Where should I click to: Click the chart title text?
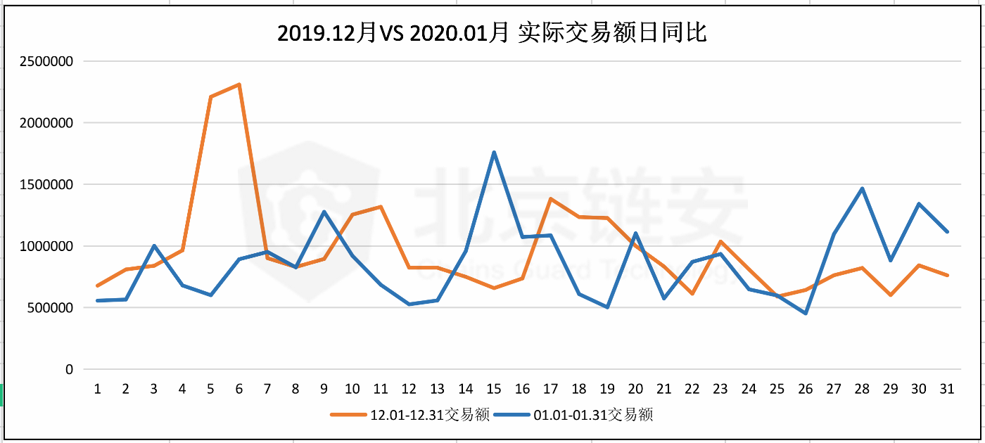point(492,33)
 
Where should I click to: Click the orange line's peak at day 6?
point(239,84)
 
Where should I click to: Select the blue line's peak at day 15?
point(494,152)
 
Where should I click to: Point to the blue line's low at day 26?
point(806,313)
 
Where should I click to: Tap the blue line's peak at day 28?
point(862,188)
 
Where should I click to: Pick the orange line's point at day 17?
point(551,199)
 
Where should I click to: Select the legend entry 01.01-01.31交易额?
point(573,415)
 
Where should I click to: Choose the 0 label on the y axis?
point(69,369)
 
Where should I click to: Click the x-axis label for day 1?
point(97,389)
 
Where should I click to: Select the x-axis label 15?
point(494,389)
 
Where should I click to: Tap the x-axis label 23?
point(720,389)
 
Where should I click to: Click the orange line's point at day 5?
point(210,97)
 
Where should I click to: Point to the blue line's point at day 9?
point(324,212)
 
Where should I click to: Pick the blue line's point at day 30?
point(919,204)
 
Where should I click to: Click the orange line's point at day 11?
point(381,207)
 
